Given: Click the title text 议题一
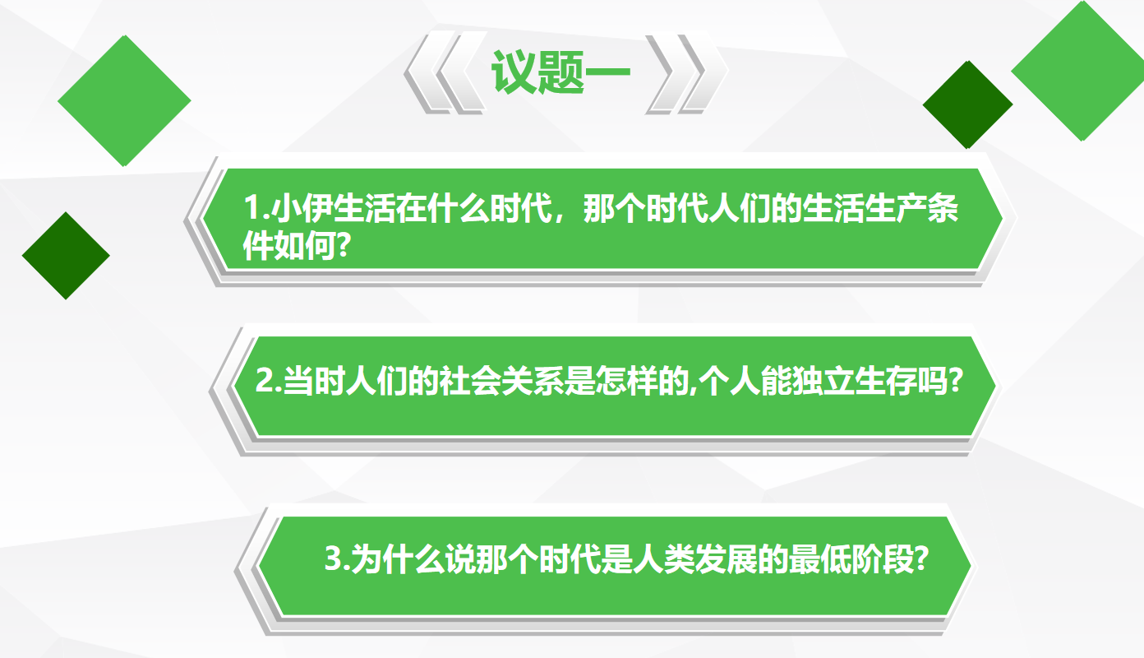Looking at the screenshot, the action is coord(560,72).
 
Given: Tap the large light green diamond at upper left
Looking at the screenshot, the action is coord(124,100).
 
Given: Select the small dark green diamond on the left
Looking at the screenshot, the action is coord(66,256).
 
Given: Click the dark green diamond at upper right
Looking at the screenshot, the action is coord(967,104).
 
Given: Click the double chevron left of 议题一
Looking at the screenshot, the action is coord(445,72).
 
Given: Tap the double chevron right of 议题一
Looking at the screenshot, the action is coord(686,72).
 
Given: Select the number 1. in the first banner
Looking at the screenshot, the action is coord(256,208).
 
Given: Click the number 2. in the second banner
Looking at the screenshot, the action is coord(268,380).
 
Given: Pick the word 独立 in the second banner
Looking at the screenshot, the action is coord(823,381).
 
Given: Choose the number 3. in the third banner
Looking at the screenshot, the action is coord(337,558).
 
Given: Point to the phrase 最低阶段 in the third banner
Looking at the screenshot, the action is coord(851,558).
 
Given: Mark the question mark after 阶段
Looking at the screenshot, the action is coord(920,558).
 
